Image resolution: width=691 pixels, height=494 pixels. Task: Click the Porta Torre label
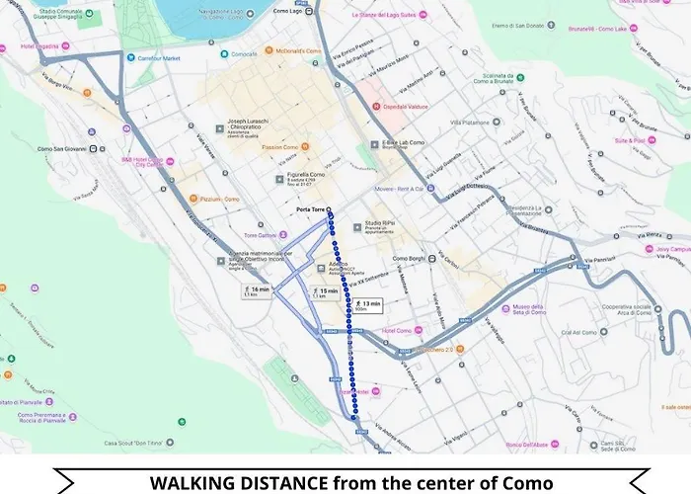pyautogui.click(x=310, y=210)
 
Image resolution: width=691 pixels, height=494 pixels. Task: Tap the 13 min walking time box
pyautogui.click(x=367, y=305)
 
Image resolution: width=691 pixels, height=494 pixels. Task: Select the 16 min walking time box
pyautogui.click(x=257, y=290)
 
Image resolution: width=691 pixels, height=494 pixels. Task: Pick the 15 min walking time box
pyautogui.click(x=325, y=292)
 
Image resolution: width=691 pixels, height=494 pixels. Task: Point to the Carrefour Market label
pyautogui.click(x=162, y=58)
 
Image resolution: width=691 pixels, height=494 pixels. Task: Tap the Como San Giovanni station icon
pyautogui.click(x=93, y=148)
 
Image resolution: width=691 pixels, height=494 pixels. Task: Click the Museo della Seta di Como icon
pyautogui.click(x=506, y=309)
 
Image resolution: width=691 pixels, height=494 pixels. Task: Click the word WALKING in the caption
pyautogui.click(x=201, y=483)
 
